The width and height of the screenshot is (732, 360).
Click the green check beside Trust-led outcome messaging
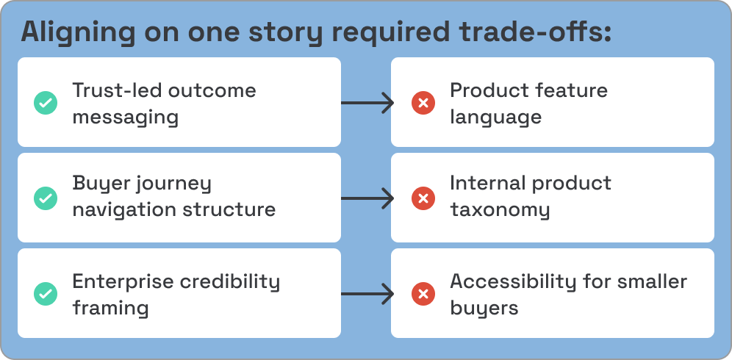tap(46, 103)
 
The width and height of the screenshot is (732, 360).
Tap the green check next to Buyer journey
tap(46, 198)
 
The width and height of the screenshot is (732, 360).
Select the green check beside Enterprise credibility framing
tap(46, 294)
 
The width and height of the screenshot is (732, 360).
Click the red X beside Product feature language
tap(423, 103)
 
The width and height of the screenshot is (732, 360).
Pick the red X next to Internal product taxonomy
tap(423, 198)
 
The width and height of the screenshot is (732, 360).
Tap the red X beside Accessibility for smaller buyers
tap(423, 294)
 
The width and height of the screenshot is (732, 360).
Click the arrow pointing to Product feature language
tap(367, 103)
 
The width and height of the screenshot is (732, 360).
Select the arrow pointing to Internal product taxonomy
tap(367, 198)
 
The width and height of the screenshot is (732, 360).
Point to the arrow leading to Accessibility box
tap(367, 294)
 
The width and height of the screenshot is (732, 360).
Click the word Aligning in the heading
tap(76, 33)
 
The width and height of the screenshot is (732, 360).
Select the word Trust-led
tap(116, 90)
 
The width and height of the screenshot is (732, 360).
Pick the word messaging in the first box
tap(125, 117)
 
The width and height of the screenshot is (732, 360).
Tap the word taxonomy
tap(500, 210)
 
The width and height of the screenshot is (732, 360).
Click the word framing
tap(110, 308)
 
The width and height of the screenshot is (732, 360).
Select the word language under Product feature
tap(496, 117)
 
